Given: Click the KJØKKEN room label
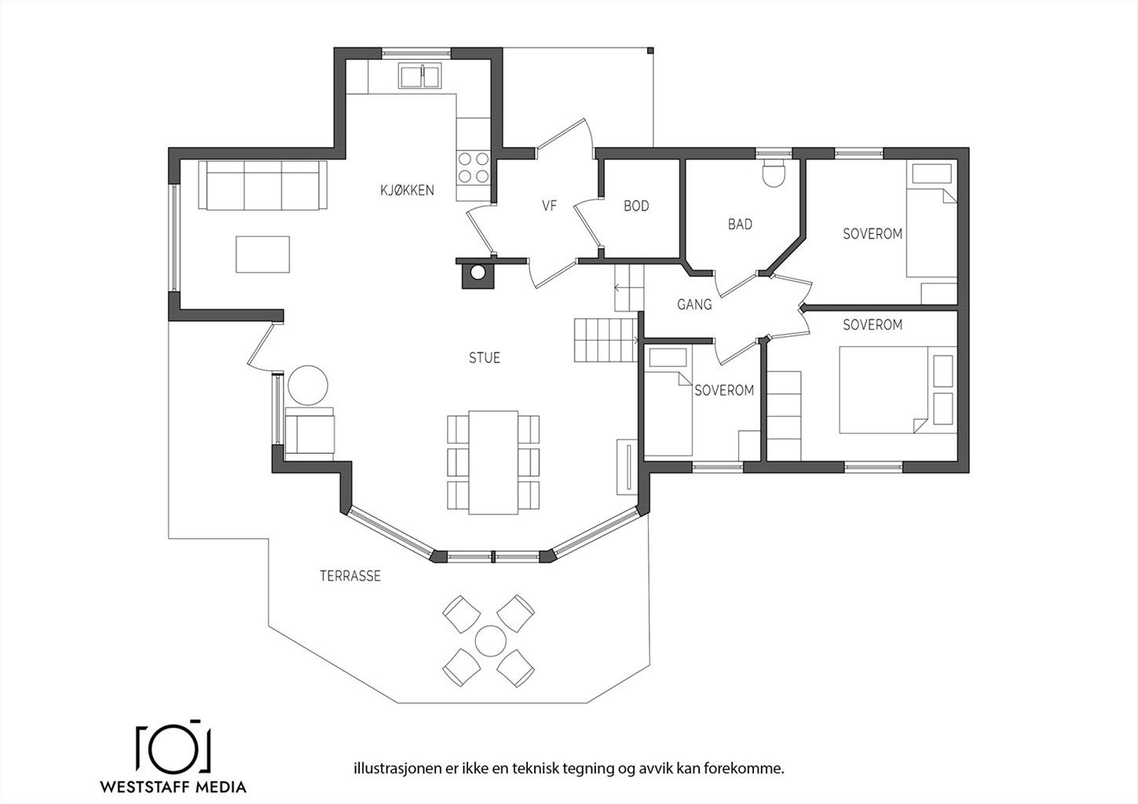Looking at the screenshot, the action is click(x=407, y=190).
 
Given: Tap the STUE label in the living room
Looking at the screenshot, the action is click(x=484, y=357).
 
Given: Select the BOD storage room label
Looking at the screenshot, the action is click(x=636, y=206).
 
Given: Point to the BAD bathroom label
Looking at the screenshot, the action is click(x=740, y=224).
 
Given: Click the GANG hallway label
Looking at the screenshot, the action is click(x=694, y=304).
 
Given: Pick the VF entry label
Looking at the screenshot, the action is click(x=549, y=206).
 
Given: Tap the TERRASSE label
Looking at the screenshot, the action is click(x=350, y=576).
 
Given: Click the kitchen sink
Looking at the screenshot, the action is click(x=420, y=76).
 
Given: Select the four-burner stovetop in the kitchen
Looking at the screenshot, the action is click(x=474, y=167).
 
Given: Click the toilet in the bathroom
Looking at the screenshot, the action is click(x=774, y=174).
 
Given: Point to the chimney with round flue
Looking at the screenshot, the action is click(x=478, y=273).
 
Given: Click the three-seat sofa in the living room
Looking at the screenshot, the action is click(x=262, y=185).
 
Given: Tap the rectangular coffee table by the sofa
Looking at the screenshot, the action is click(x=262, y=254).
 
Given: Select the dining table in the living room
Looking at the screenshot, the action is click(x=493, y=462).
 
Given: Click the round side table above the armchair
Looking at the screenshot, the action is click(x=308, y=385).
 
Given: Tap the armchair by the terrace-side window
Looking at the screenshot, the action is click(x=310, y=430).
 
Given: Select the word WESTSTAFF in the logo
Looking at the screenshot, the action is click(x=145, y=788).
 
